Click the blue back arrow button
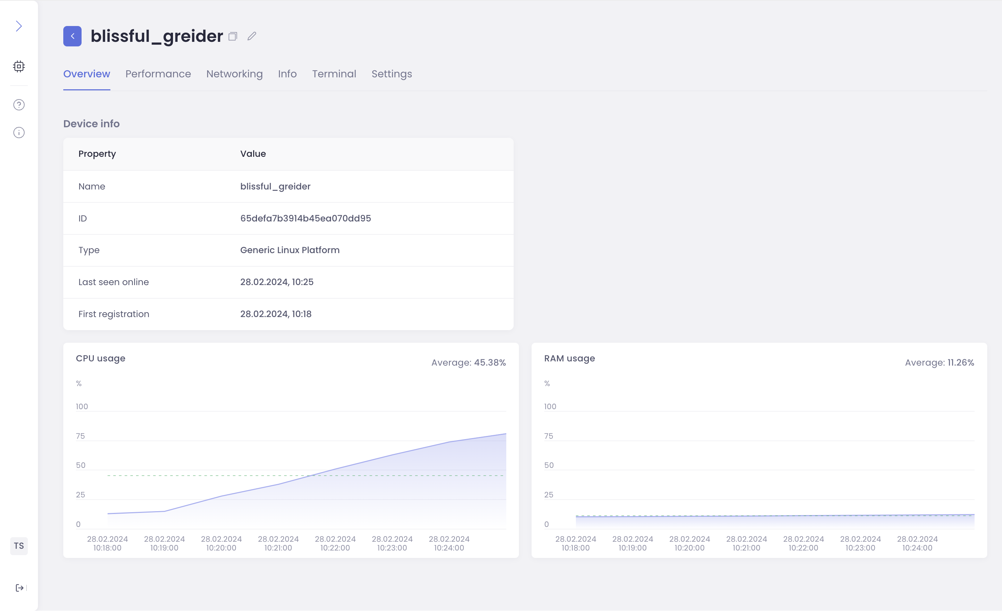(72, 36)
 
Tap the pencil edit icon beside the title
(252, 36)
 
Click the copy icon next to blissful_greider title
(233, 37)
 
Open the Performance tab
(158, 73)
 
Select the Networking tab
(234, 73)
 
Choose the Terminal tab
(334, 73)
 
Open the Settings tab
(392, 73)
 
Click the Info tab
(287, 73)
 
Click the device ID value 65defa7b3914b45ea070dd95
(306, 218)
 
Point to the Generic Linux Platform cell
(290, 250)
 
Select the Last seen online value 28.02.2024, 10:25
(277, 282)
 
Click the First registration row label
(114, 314)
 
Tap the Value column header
(253, 154)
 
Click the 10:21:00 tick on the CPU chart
(278, 544)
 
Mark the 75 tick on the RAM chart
(548, 436)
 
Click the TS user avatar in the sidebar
(19, 546)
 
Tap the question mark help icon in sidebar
(19, 105)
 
